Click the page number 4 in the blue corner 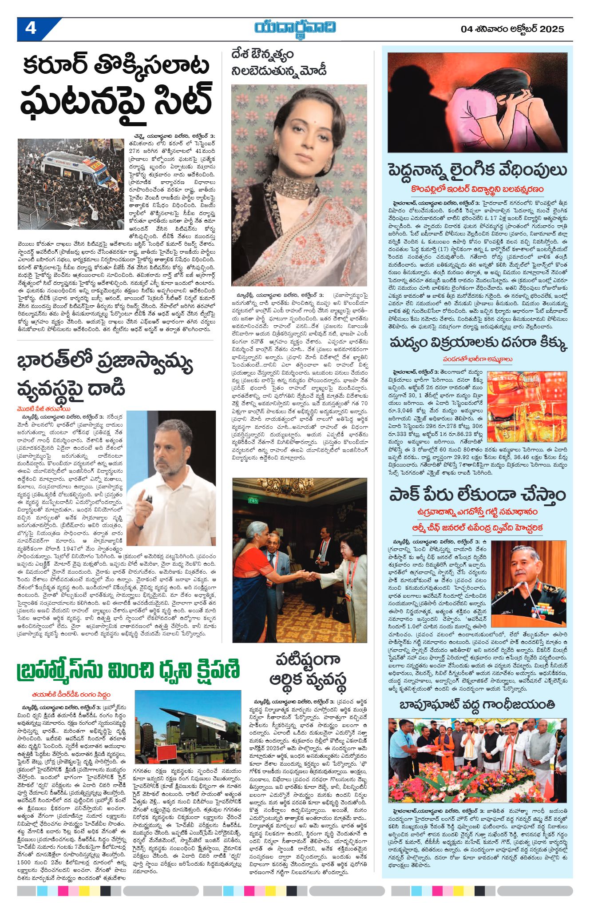tap(31, 28)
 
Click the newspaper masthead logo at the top tap(295, 28)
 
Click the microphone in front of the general tap(511, 590)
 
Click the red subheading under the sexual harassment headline tap(477, 189)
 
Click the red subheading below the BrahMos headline tap(71, 695)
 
